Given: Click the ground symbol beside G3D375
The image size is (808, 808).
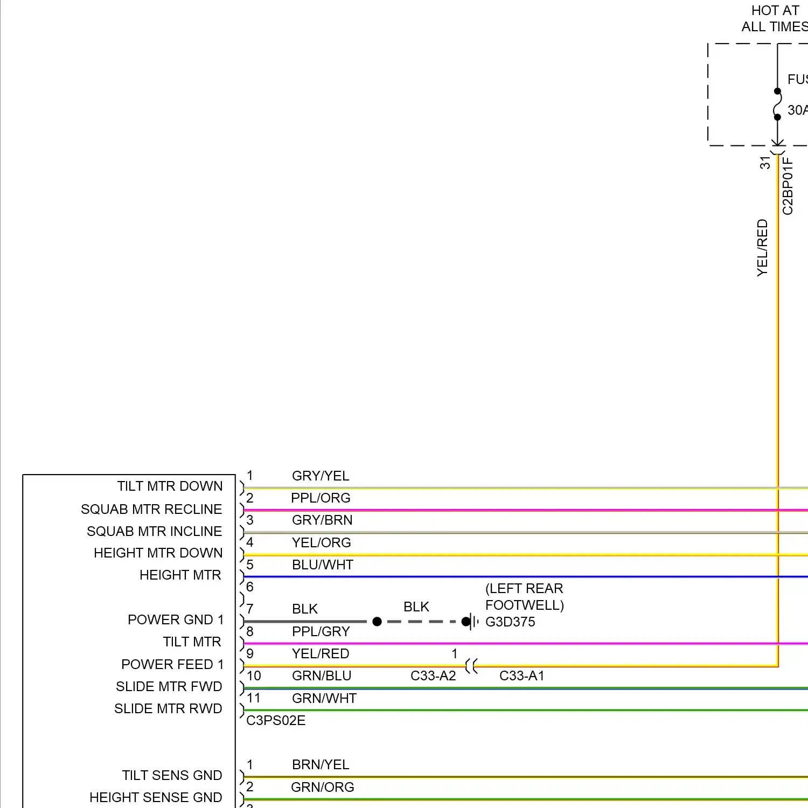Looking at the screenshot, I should pos(472,622).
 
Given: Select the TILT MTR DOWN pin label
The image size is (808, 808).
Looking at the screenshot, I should pos(170,486).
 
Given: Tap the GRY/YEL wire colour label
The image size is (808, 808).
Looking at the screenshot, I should pos(321,476).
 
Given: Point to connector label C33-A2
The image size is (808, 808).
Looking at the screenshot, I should pos(433,675).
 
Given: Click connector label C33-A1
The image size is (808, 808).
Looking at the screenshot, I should pos(521,675).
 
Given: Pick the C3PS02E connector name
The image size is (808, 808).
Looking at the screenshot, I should pos(276,720).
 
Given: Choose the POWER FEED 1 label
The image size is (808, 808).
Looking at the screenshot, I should pos(172,664).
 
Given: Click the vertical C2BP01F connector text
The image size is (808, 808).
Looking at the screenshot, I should pos(788,186).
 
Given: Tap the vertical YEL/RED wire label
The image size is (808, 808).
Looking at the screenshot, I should pos(762,248).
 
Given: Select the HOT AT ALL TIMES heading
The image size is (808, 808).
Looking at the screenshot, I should pos(775,18).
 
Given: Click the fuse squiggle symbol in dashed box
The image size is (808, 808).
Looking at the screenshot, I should pos(777,104).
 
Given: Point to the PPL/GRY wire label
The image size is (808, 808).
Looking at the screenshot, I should pos(321,631).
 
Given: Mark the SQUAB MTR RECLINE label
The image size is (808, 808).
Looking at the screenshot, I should pos(151,509).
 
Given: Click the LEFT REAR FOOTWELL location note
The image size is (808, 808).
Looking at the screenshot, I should pos(524,596).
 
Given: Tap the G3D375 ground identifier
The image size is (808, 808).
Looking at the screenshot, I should pos(510,622).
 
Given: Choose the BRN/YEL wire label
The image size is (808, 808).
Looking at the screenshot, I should pos(321,764).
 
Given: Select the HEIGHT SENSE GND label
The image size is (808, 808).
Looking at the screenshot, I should pos(156,797).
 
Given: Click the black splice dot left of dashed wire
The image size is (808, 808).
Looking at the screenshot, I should pos(377,622).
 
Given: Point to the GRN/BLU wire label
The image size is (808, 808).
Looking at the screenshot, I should pos(322,675).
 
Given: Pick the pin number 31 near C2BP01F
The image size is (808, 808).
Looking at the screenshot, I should pos(765,163).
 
